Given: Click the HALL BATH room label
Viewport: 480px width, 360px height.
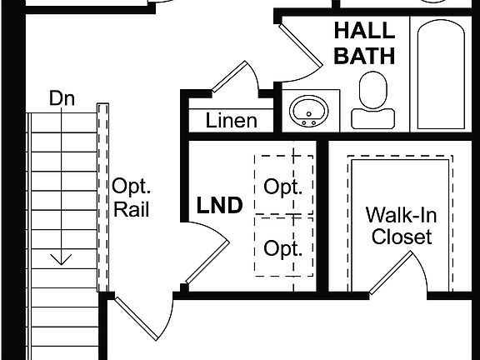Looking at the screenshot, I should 364,44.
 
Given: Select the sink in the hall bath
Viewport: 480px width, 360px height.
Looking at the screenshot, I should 310,110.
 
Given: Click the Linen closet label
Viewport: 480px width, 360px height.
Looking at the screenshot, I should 231,121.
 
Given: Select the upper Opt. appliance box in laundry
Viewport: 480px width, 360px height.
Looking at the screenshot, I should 282,186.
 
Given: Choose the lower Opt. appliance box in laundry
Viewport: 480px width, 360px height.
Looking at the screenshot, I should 282,247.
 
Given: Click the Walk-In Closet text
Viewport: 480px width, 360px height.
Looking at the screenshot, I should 402,225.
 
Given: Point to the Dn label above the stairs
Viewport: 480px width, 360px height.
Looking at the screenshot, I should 62,98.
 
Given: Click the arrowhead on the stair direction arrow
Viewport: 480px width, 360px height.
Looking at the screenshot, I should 61,260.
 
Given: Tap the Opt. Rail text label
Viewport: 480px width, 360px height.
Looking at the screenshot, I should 131,197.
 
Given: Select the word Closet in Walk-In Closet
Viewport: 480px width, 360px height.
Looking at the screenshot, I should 402,237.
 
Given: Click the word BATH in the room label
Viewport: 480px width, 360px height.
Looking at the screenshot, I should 364,56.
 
